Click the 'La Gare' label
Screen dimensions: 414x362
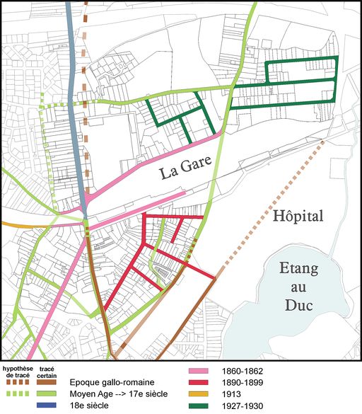187,171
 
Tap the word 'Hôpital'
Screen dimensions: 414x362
297,217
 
